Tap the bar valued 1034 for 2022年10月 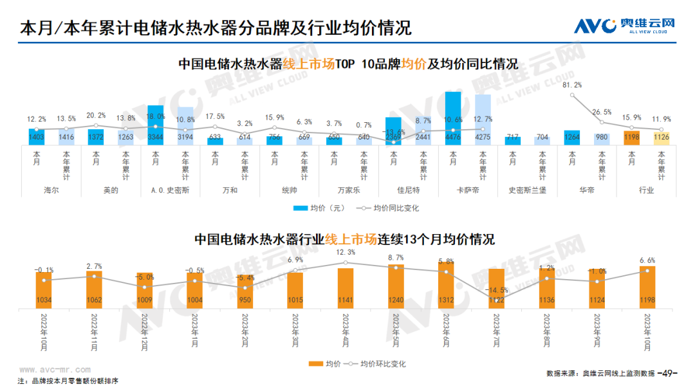(44, 289)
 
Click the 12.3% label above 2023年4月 (346, 252)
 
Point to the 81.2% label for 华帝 (572, 85)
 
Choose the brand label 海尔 (51, 190)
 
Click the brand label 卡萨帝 (468, 190)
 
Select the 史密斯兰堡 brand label (527, 190)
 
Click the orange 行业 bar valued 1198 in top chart (632, 137)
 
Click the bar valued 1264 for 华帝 (571, 136)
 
